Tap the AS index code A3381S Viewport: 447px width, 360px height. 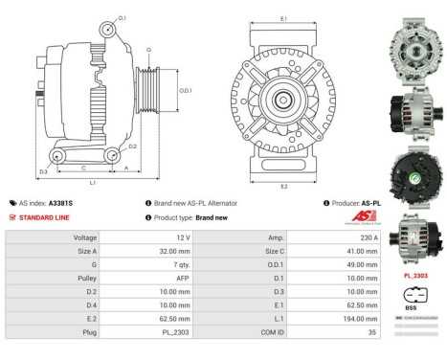tap(61, 203)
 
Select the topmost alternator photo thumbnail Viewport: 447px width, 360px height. tap(413, 41)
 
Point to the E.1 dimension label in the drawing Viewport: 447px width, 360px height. tap(285, 18)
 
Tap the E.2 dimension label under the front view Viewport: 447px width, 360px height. tap(284, 185)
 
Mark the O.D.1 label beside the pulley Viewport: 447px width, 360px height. tap(186, 91)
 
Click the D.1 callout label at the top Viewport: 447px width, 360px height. tap(123, 17)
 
